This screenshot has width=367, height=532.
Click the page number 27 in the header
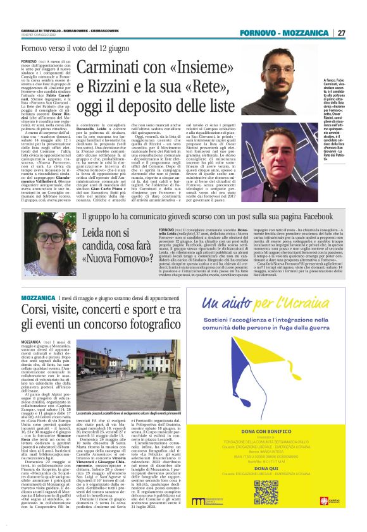pyautogui.click(x=341, y=33)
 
